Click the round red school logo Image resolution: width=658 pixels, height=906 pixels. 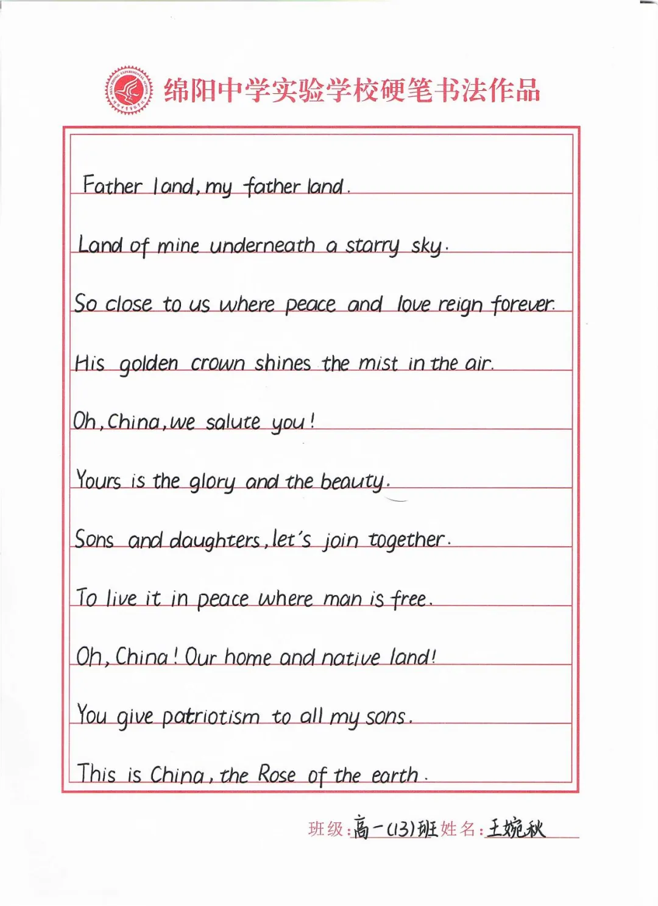[128, 90]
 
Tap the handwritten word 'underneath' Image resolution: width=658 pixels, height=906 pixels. [262, 246]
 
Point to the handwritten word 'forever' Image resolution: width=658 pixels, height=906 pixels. [523, 304]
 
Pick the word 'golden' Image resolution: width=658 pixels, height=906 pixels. [148, 364]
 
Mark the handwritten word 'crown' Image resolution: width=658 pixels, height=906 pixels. [218, 363]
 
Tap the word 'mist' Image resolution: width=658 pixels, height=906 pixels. [378, 363]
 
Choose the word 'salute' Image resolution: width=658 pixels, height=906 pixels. [233, 422]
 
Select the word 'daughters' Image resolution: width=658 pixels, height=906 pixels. [214, 541]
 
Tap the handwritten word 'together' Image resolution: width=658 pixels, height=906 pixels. [406, 540]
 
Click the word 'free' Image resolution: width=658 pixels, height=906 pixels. [409, 599]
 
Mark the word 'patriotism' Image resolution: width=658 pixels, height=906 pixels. [211, 716]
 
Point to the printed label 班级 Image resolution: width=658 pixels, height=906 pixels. [326, 829]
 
